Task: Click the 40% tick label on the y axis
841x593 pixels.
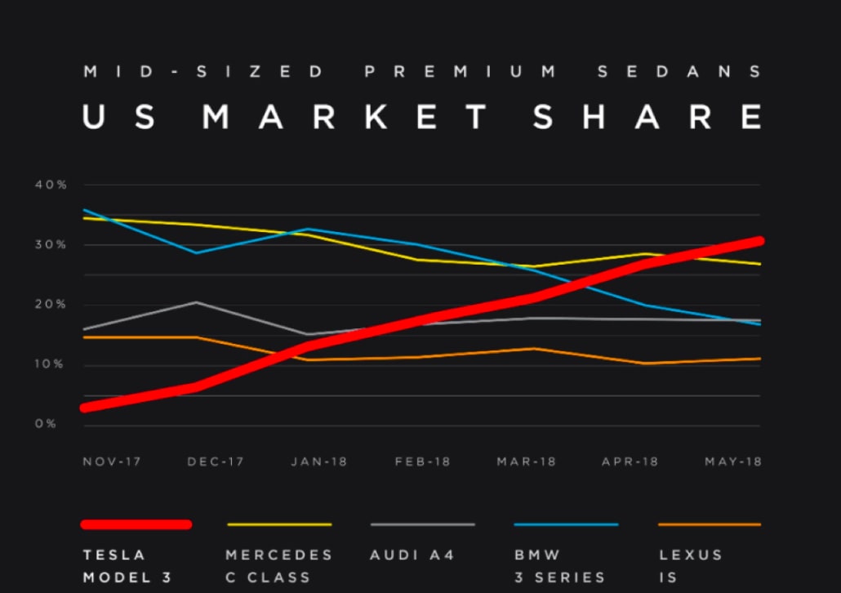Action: tap(51, 185)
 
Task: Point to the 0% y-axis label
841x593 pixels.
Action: tap(46, 425)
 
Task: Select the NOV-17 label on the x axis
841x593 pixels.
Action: tap(112, 461)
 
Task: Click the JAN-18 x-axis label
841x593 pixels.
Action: tap(318, 461)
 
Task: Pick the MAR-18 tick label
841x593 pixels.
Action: tap(526, 461)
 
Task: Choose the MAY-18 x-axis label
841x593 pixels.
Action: tap(733, 461)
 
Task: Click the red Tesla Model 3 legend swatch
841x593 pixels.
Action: tap(136, 524)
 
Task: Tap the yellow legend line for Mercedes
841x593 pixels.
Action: tap(279, 524)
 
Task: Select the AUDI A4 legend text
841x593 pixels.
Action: tap(412, 555)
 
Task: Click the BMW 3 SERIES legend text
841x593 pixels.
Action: tap(560, 565)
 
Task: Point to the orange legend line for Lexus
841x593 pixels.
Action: tap(710, 524)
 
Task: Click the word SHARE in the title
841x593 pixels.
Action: tap(647, 118)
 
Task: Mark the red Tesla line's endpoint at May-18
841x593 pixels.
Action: tap(758, 241)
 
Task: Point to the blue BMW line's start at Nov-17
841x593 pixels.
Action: tap(84, 210)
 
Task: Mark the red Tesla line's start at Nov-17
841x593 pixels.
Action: tap(86, 407)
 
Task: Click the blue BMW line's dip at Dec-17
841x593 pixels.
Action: tap(196, 252)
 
